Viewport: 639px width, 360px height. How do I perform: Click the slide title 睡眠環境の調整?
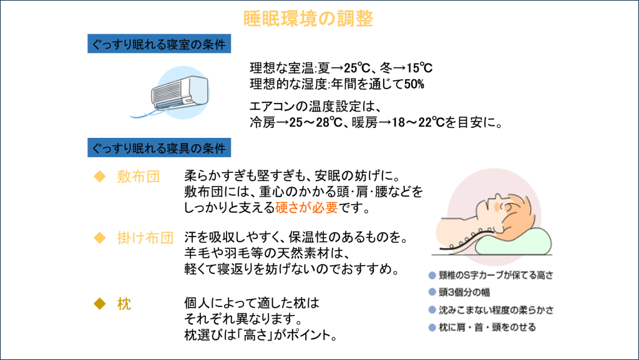pyautogui.click(x=308, y=18)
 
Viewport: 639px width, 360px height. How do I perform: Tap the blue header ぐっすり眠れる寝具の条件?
pyautogui.click(x=159, y=148)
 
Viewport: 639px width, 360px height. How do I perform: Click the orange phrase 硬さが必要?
pyautogui.click(x=306, y=207)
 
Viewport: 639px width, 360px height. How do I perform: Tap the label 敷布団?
pyautogui.click(x=139, y=177)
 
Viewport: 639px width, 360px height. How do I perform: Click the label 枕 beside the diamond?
pyautogui.click(x=124, y=304)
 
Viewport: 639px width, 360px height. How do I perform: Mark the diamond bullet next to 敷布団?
pyautogui.click(x=97, y=177)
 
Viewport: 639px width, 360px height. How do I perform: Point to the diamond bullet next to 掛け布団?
pyautogui.click(x=97, y=238)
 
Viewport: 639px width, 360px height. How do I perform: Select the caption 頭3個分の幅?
pyautogui.click(x=464, y=291)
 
